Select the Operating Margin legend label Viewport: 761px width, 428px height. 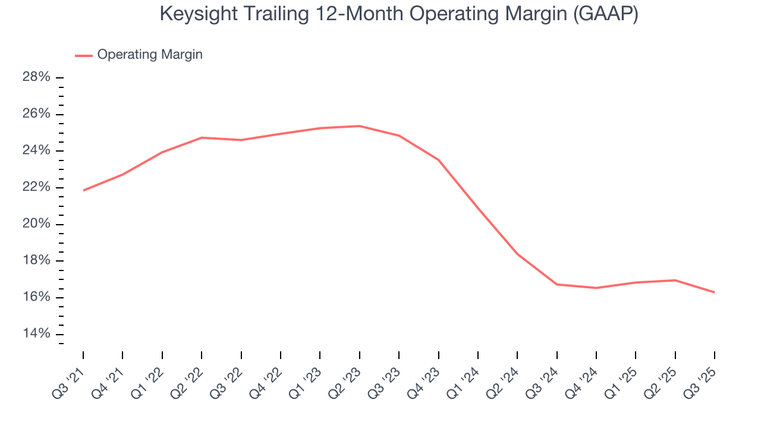tap(150, 55)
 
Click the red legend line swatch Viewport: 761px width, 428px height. tap(84, 55)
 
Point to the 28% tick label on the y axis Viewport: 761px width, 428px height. tap(36, 77)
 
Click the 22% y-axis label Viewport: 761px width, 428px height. tap(36, 187)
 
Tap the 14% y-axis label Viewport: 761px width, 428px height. tap(36, 334)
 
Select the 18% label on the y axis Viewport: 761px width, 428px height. tap(36, 261)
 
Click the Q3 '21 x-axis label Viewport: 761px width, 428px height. tap(70, 377)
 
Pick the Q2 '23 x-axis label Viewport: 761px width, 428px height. tap(346, 377)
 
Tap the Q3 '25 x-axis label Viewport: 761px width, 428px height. tap(701, 377)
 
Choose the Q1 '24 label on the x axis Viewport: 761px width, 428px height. tap(464, 377)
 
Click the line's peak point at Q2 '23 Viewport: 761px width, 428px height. tap(359, 126)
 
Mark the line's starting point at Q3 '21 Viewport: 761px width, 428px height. tap(83, 190)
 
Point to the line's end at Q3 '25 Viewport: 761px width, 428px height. tap(714, 292)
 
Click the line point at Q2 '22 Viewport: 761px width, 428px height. tap(202, 137)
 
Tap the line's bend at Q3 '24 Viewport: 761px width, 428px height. tap(556, 284)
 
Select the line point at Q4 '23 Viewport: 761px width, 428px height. tap(438, 160)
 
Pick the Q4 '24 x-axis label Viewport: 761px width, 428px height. tap(583, 377)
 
